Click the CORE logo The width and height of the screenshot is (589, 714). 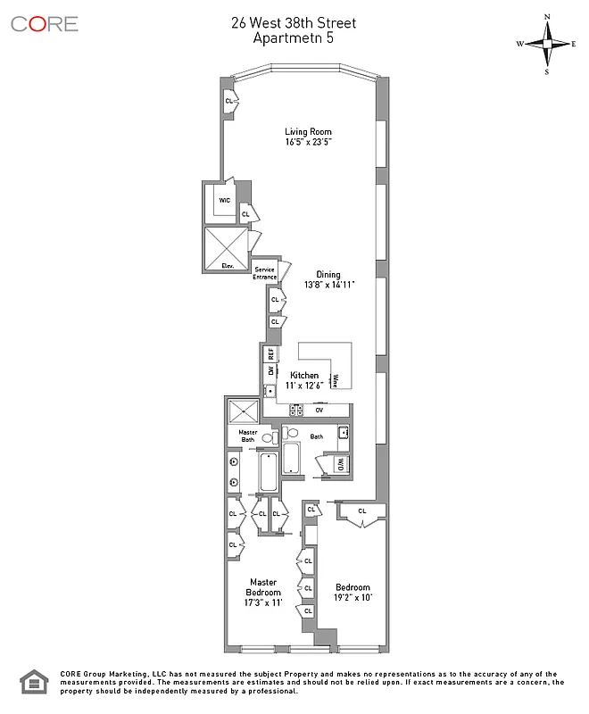point(45,24)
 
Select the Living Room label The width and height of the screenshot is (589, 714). point(308,132)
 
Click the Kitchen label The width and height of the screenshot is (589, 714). point(303,376)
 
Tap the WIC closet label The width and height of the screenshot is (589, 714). point(224,200)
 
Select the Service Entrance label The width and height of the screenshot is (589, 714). point(265,273)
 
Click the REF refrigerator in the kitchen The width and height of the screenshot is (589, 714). point(270,353)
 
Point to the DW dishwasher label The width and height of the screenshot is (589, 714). point(270,370)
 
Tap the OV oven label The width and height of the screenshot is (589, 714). point(319,410)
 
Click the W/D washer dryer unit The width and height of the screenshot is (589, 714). point(340,464)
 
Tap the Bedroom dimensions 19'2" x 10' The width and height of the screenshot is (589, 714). point(353,598)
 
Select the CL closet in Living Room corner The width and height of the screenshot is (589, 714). point(229,102)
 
